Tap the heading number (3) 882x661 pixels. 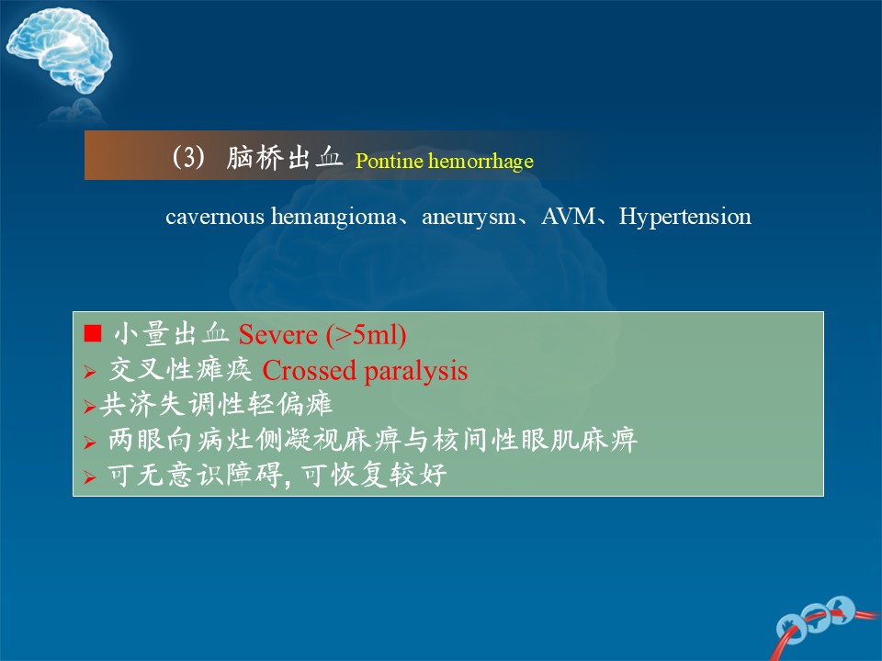pos(188,157)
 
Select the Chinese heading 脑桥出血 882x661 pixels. pos(285,157)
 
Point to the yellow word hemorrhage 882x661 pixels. pos(481,162)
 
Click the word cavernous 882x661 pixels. pos(215,217)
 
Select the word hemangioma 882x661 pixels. pos(334,217)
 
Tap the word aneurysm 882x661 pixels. pos(469,217)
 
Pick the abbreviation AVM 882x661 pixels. pos(568,216)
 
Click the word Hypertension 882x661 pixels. pos(684,217)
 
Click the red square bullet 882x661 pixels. pos(92,333)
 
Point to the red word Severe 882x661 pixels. pos(277,335)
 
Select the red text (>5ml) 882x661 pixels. pos(366,335)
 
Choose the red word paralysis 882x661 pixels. pos(415,372)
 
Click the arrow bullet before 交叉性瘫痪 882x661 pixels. pos(90,372)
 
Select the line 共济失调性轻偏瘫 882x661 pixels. pos(216,404)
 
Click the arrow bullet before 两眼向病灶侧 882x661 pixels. pos(90,443)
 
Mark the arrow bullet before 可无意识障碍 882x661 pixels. pos(90,477)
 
